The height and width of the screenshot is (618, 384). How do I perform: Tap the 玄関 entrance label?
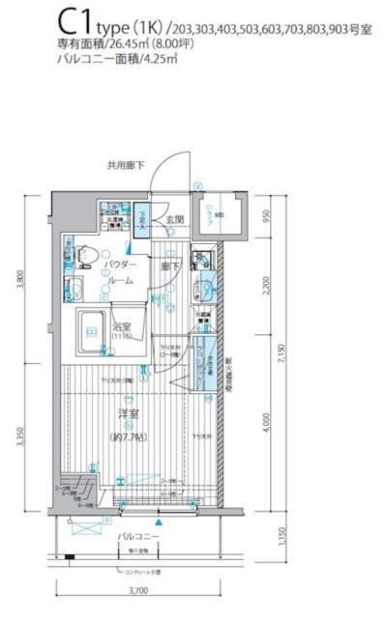(x=175, y=221)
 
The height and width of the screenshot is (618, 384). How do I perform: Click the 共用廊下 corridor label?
(x=126, y=166)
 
